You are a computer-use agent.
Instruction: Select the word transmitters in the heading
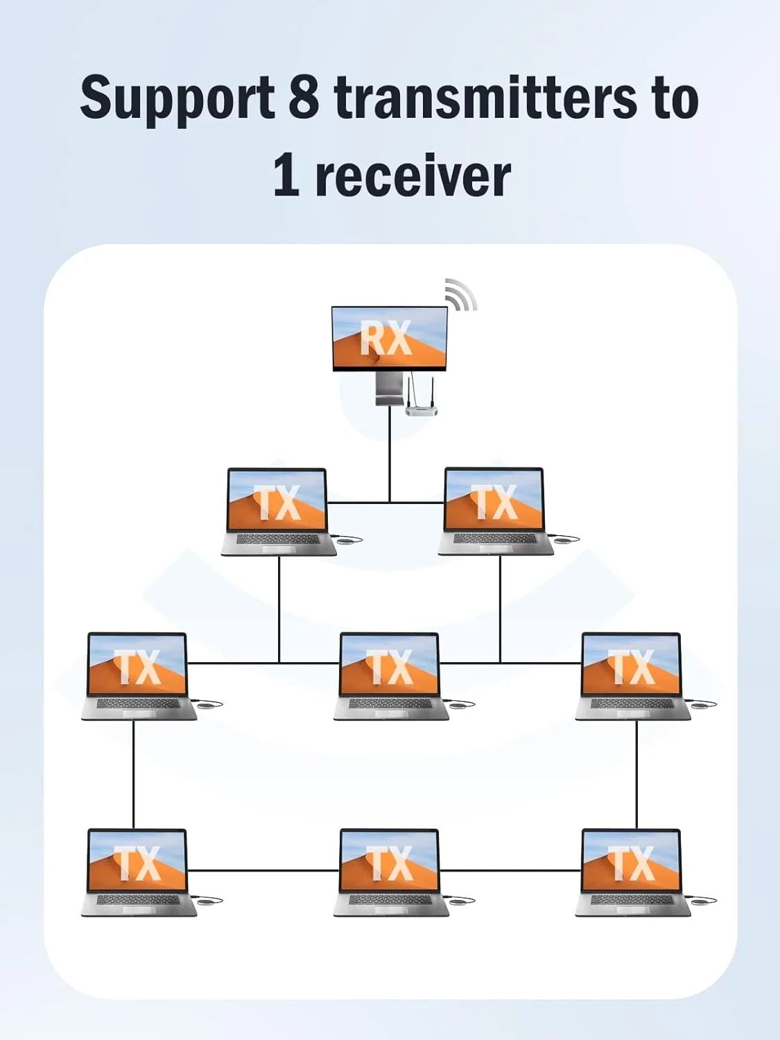[485, 97]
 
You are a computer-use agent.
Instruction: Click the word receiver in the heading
[413, 176]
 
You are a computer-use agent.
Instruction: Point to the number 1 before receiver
[286, 175]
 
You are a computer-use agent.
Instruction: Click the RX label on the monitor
[386, 338]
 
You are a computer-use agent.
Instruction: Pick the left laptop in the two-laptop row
[278, 512]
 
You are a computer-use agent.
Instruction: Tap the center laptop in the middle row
[390, 676]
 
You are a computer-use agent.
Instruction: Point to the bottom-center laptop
[390, 872]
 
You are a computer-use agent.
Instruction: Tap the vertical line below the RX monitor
[390, 458]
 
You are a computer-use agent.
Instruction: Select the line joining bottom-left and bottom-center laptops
[263, 870]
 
